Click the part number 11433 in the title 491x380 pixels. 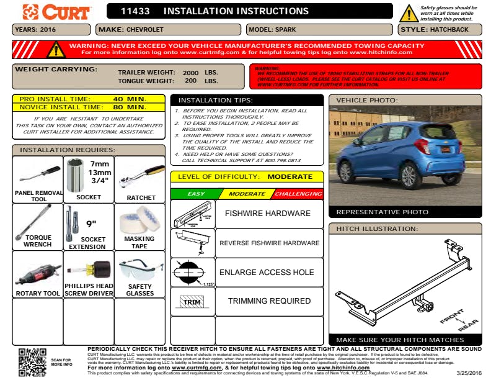coord(135,11)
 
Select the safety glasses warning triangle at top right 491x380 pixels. coord(409,13)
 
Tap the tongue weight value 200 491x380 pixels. coord(190,81)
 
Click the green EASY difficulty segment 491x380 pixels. coord(195,194)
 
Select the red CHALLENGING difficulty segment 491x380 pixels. coord(299,194)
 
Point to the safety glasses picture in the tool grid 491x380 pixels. coord(139,268)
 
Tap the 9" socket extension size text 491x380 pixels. coord(91,224)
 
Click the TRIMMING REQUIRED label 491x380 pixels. coord(269,301)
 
